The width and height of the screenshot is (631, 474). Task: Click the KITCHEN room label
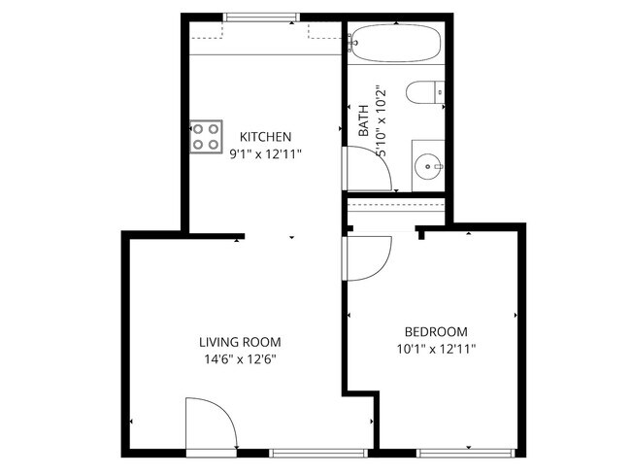(x=266, y=137)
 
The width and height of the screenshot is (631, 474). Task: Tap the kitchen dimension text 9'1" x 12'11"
(x=266, y=153)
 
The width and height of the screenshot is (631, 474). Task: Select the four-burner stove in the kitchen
(x=205, y=137)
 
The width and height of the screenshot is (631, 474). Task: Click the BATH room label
(x=363, y=120)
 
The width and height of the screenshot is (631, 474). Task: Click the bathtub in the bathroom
(x=396, y=44)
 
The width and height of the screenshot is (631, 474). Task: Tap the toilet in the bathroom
(x=424, y=94)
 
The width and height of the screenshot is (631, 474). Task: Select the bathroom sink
(x=427, y=166)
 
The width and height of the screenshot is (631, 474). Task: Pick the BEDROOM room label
(x=436, y=331)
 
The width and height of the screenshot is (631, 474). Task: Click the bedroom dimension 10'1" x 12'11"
(x=436, y=349)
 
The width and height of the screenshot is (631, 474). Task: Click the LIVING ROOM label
(x=240, y=342)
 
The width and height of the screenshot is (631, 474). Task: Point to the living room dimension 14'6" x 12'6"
(x=240, y=359)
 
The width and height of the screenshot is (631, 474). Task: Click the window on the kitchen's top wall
(x=261, y=17)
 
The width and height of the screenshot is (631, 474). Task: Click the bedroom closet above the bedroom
(x=396, y=207)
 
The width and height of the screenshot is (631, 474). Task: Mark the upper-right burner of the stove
(x=212, y=129)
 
